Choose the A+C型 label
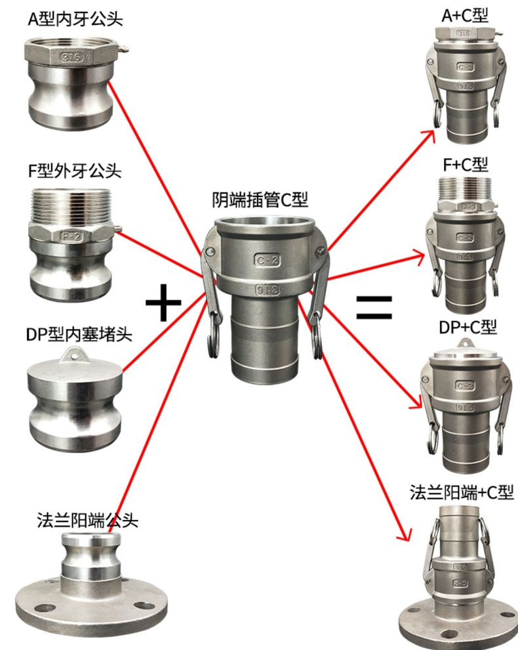(465, 15)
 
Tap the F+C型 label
(465, 163)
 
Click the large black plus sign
(163, 306)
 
